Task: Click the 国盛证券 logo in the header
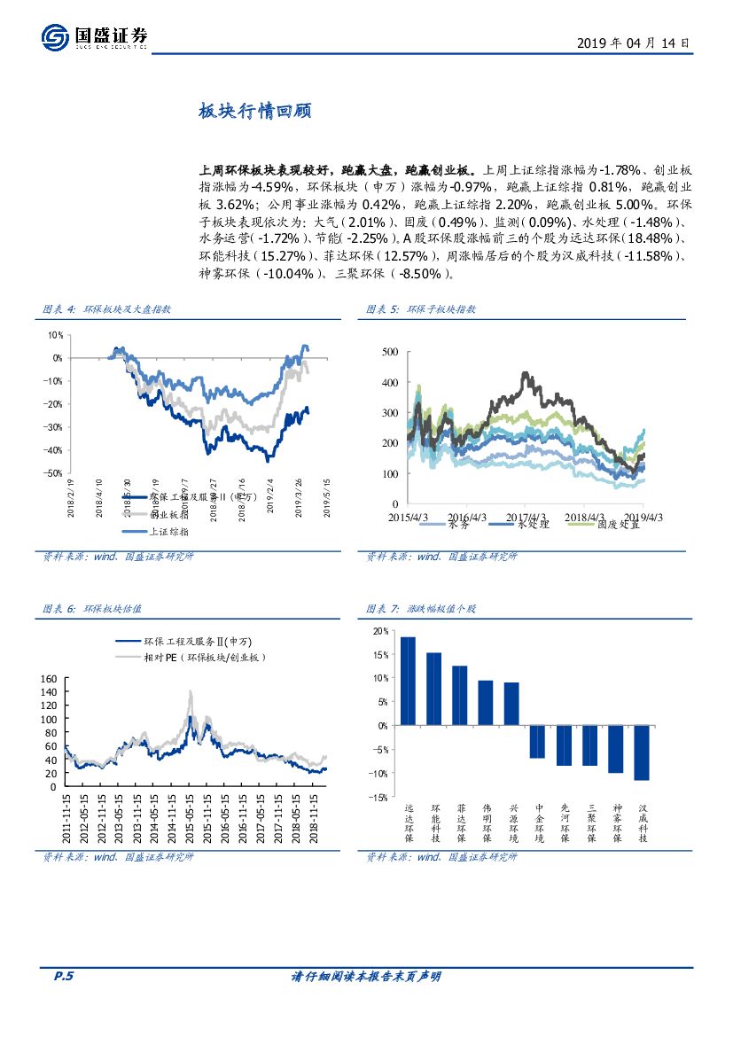point(94,37)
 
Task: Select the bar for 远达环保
point(408,681)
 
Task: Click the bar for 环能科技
point(434,689)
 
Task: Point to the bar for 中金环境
point(537,741)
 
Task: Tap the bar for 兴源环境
point(511,704)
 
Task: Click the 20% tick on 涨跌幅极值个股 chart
point(379,631)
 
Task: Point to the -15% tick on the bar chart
point(378,797)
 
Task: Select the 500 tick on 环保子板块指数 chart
point(389,352)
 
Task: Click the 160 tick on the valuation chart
point(49,679)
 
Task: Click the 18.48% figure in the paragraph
point(649,239)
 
